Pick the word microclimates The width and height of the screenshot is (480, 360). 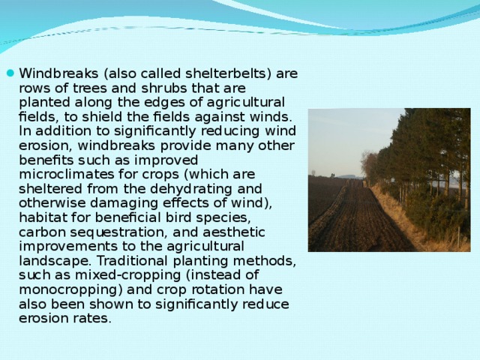(60, 174)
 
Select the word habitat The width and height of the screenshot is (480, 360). (42, 217)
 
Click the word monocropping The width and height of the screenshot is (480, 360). (64, 289)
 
